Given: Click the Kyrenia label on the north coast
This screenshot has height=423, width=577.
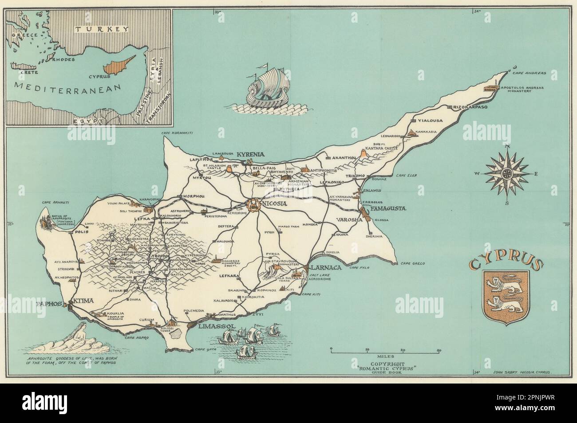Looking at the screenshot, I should [251, 154].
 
